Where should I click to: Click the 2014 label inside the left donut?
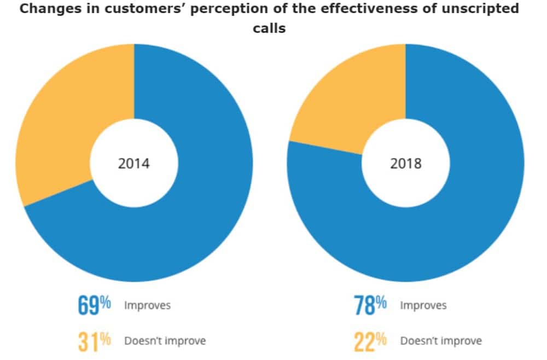[134, 163]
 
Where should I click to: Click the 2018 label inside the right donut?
[405, 163]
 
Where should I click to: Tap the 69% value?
[94, 305]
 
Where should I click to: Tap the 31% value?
[94, 341]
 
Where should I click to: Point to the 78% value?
[370, 305]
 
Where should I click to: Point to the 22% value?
[370, 341]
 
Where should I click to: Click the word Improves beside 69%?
[147, 305]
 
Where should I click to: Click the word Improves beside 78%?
[423, 305]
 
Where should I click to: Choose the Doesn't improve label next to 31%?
[165, 341]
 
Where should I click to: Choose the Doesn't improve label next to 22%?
[441, 341]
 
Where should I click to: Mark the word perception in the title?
[207, 9]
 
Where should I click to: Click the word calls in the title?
[269, 28]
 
